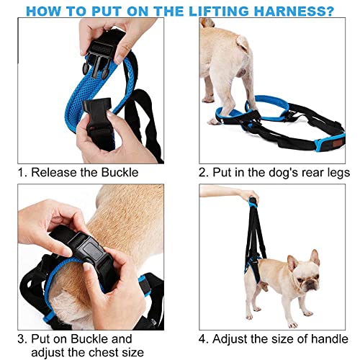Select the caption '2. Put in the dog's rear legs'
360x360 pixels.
[x=274, y=173]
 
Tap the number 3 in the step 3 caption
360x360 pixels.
[x=22, y=338]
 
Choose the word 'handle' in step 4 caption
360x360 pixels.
[x=329, y=338]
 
